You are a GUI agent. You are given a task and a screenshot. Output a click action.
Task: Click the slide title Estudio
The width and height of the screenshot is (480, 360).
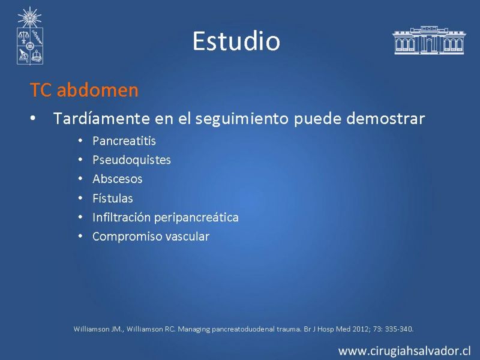click(x=236, y=41)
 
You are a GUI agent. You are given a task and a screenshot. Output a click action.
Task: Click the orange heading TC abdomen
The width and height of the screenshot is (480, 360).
click(x=84, y=90)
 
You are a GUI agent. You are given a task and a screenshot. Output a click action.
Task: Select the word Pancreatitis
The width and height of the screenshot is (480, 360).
click(x=124, y=141)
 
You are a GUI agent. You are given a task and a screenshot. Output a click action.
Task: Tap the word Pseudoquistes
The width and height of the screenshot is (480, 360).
click(x=131, y=160)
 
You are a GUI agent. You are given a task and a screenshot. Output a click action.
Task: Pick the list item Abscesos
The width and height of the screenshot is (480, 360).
click(x=117, y=179)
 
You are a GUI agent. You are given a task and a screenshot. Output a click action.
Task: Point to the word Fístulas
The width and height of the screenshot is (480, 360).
click(x=113, y=198)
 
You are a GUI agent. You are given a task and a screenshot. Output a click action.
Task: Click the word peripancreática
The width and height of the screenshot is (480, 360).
click(x=196, y=217)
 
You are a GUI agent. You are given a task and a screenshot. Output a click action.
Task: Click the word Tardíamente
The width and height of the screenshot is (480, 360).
click(x=101, y=118)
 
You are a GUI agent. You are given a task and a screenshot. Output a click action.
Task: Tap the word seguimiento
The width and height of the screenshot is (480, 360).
click(x=242, y=119)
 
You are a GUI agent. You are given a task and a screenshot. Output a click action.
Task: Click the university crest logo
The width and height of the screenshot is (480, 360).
click(x=29, y=36)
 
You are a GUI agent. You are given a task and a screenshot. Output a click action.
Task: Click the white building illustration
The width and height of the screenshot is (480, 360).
click(x=428, y=40)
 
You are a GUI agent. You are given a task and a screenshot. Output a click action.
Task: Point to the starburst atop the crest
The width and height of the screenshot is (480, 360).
click(x=29, y=17)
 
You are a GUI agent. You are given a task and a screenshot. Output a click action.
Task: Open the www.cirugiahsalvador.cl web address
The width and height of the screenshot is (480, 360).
click(x=404, y=351)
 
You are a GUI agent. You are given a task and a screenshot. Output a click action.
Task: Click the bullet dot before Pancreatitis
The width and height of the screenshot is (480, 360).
click(x=80, y=141)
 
